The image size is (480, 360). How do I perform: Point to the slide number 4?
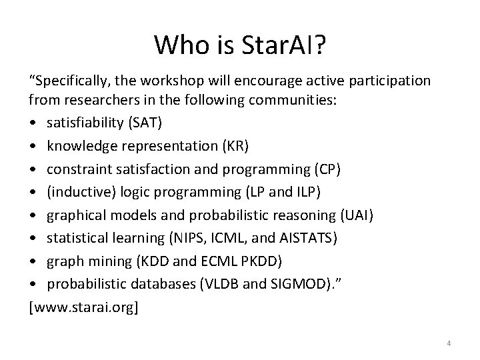pos(449,343)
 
